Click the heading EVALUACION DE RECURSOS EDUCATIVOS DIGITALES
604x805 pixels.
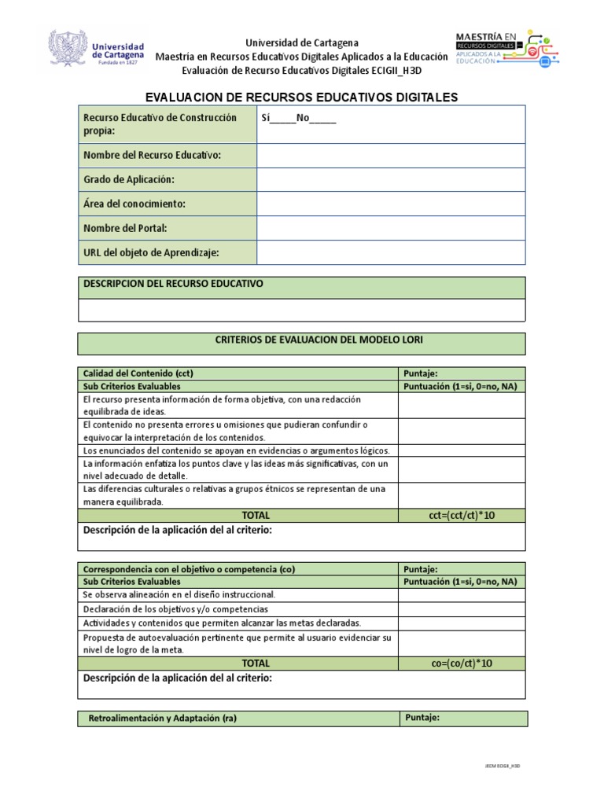point(302,97)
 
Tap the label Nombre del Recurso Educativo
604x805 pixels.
point(153,155)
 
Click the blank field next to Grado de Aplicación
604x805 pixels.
point(391,179)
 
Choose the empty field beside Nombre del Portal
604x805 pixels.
point(391,228)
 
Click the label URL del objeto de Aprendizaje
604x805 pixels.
point(151,252)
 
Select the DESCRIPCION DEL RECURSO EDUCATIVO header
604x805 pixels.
point(173,283)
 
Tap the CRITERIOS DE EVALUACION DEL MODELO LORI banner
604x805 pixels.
point(302,340)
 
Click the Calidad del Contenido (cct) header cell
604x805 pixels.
point(138,373)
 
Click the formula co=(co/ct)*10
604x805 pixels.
point(462,663)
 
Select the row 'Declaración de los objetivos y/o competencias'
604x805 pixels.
point(175,609)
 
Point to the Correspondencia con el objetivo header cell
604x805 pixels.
point(189,568)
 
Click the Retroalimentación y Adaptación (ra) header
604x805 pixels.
point(163,719)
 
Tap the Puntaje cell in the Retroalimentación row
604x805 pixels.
point(462,718)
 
